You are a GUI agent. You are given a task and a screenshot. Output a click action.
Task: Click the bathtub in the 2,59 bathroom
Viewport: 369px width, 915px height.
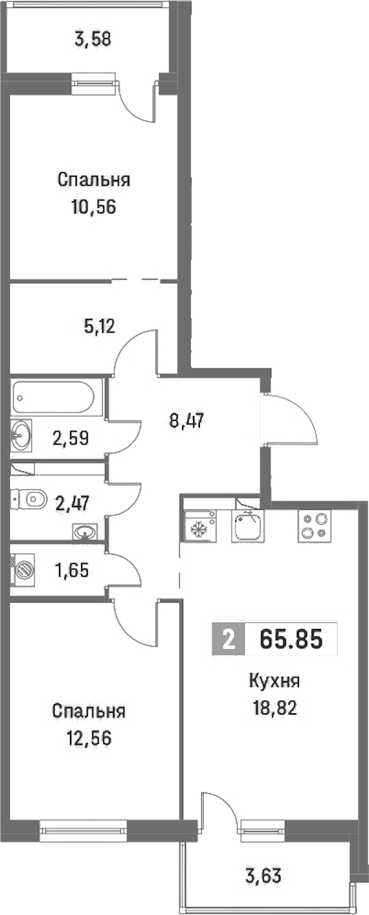pos(53,397)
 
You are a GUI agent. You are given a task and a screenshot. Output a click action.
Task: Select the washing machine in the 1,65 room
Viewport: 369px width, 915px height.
pos(23,570)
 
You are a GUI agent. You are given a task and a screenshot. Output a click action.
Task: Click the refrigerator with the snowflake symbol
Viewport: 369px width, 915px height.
pos(200,526)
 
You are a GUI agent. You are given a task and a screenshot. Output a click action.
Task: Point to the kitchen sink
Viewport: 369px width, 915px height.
pos(247,526)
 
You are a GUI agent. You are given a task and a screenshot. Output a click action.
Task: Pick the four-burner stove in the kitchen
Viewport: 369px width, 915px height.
pos(314,526)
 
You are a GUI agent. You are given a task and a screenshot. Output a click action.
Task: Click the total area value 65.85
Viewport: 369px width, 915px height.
pos(292,639)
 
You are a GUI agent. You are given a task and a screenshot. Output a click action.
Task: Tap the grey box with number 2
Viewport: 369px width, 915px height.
pos(229,639)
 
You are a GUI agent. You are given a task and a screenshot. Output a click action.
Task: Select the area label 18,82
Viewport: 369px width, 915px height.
pos(275,708)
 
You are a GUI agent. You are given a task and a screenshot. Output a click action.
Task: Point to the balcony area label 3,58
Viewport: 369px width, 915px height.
pos(93,39)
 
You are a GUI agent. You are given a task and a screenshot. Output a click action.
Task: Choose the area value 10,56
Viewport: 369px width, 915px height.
pos(93,207)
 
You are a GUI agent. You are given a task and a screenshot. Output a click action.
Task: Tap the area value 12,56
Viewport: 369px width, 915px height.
pos(89,738)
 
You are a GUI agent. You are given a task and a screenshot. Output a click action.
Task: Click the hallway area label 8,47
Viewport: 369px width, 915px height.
pos(187,420)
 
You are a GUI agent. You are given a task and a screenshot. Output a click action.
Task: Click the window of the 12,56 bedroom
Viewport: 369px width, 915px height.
pos(84,828)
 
